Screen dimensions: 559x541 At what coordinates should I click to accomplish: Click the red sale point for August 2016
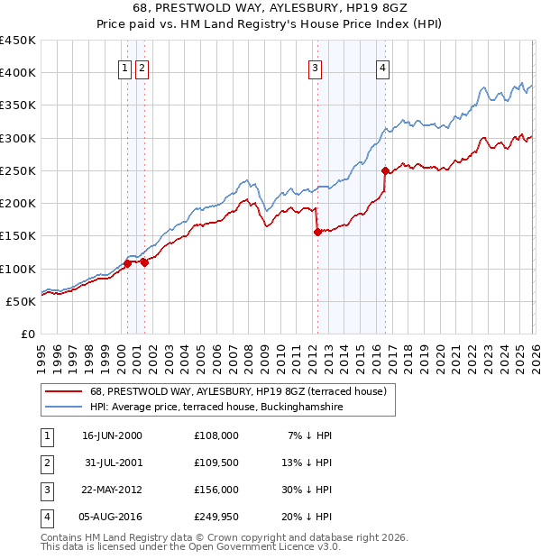[385, 170]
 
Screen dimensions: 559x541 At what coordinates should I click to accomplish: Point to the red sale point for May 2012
[317, 232]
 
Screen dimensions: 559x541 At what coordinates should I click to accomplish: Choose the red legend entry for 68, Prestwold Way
[238, 391]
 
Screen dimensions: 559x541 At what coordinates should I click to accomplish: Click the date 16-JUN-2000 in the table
[112, 435]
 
